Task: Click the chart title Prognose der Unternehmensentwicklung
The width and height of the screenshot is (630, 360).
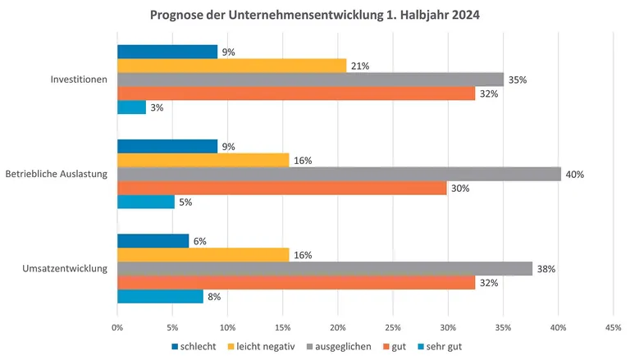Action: [x=314, y=15]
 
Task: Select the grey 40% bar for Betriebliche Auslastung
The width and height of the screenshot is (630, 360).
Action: [x=339, y=174]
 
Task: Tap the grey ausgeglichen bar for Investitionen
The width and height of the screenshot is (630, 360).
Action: [x=310, y=80]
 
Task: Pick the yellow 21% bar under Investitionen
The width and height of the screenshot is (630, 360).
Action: [x=231, y=66]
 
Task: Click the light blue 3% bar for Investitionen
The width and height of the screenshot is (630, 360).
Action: [x=131, y=107]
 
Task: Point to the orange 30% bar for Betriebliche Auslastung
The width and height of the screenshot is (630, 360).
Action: [x=281, y=188]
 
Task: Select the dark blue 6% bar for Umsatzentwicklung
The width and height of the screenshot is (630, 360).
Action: [x=153, y=241]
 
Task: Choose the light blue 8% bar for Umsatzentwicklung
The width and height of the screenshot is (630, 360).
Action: [x=160, y=296]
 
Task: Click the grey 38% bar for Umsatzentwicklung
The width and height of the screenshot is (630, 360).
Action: [x=325, y=268]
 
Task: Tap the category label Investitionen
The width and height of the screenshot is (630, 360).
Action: [x=79, y=80]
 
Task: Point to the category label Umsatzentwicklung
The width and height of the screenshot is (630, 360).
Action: [x=68, y=268]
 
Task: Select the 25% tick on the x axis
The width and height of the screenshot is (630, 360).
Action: [x=393, y=327]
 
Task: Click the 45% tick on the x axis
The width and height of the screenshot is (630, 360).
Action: [x=613, y=327]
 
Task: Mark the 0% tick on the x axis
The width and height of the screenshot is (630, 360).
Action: [x=117, y=327]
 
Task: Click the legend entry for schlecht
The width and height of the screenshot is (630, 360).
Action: [x=194, y=346]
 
